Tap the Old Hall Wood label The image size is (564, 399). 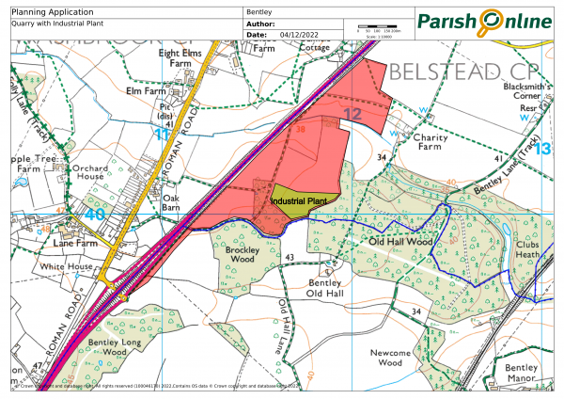(400, 242)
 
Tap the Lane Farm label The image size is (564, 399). (75, 243)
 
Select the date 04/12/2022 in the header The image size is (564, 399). (300, 34)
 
